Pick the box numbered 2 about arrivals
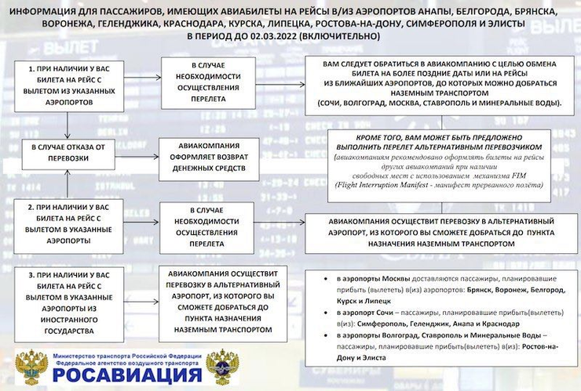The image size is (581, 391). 68,223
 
